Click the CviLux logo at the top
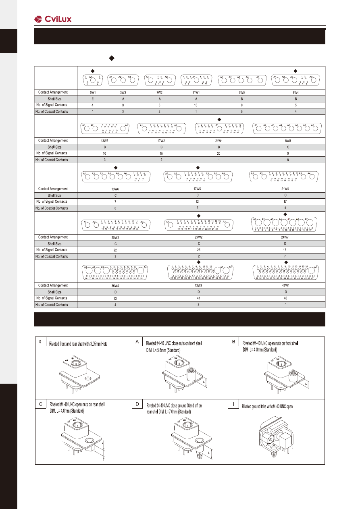click(x=53, y=19)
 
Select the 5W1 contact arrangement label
click(x=92, y=92)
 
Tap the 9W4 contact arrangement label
click(x=295, y=92)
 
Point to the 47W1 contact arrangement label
click(x=285, y=285)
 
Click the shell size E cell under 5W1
click(x=92, y=99)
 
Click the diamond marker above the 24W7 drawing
click(x=285, y=214)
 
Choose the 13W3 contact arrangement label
click(x=104, y=141)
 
